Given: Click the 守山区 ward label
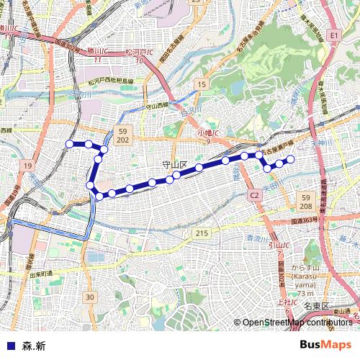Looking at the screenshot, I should [x=174, y=164].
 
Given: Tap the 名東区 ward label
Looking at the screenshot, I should [x=316, y=306].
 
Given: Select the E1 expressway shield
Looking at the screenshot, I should [x=333, y=35].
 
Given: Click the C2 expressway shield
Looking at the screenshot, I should [x=255, y=195].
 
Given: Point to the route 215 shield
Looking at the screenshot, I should [x=201, y=233].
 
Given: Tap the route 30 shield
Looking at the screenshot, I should [x=89, y=297].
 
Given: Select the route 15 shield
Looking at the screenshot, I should [x=201, y=86].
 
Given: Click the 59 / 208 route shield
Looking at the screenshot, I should [x=306, y=201].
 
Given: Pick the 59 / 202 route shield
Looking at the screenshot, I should [x=122, y=135].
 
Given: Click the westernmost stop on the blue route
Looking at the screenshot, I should [x=70, y=144].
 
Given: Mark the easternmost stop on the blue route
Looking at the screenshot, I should [x=292, y=158].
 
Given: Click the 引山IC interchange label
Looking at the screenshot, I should [x=276, y=248].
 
